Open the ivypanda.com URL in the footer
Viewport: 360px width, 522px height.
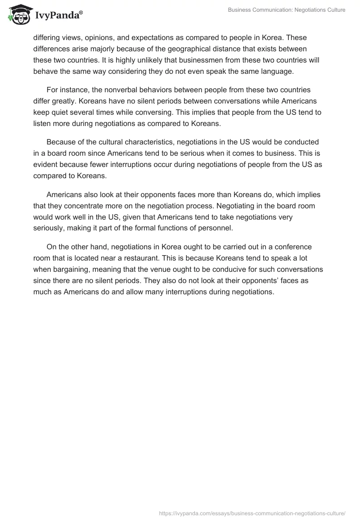click(252, 513)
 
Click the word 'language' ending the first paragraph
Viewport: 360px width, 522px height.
click(278, 71)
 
